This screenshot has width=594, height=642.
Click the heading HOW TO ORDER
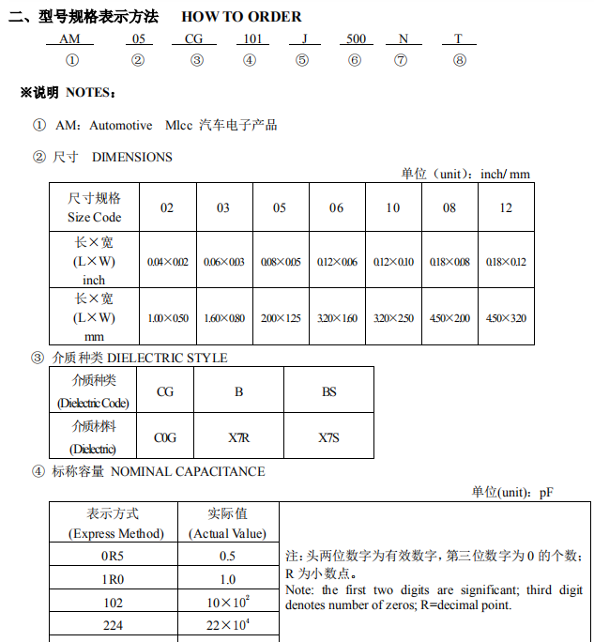tap(241, 16)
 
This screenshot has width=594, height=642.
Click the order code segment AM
tap(70, 38)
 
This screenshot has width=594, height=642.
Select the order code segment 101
tap(251, 38)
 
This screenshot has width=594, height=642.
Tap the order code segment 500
tap(356, 38)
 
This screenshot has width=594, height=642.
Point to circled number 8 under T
tap(459, 60)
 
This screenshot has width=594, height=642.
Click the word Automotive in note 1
tap(120, 125)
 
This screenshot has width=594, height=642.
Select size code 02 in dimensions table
tap(166, 207)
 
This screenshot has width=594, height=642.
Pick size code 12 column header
tap(506, 207)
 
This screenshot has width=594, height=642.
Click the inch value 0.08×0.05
tap(281, 262)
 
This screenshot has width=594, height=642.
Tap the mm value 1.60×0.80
tap(223, 318)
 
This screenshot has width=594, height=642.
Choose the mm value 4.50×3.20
tap(506, 318)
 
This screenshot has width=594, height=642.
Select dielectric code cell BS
tap(328, 390)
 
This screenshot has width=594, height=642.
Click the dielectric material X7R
tap(238, 437)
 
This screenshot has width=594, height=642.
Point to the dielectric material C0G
tap(165, 437)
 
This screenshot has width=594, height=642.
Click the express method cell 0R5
tap(114, 556)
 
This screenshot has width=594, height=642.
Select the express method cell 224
tap(114, 625)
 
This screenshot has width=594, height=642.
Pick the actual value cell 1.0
tap(227, 579)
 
